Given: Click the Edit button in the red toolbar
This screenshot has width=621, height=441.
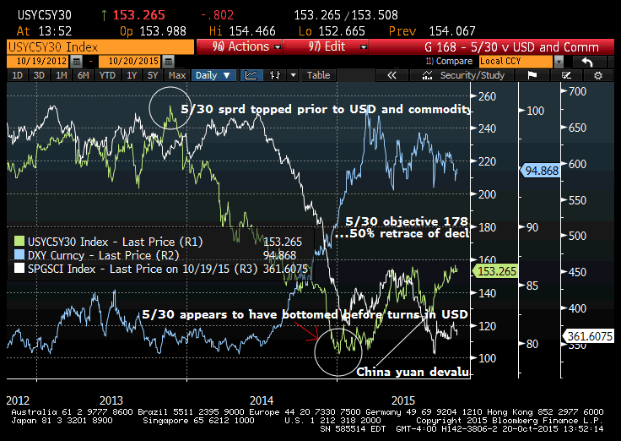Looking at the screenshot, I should click(x=328, y=47).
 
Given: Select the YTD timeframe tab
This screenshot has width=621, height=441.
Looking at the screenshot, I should click(x=106, y=75).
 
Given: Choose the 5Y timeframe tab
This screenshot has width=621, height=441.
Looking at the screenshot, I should click(x=152, y=75).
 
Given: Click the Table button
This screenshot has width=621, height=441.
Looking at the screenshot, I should click(x=318, y=75).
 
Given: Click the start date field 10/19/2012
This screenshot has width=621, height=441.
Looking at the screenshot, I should click(x=43, y=62).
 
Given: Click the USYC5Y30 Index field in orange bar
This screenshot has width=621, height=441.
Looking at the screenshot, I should click(x=52, y=47).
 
